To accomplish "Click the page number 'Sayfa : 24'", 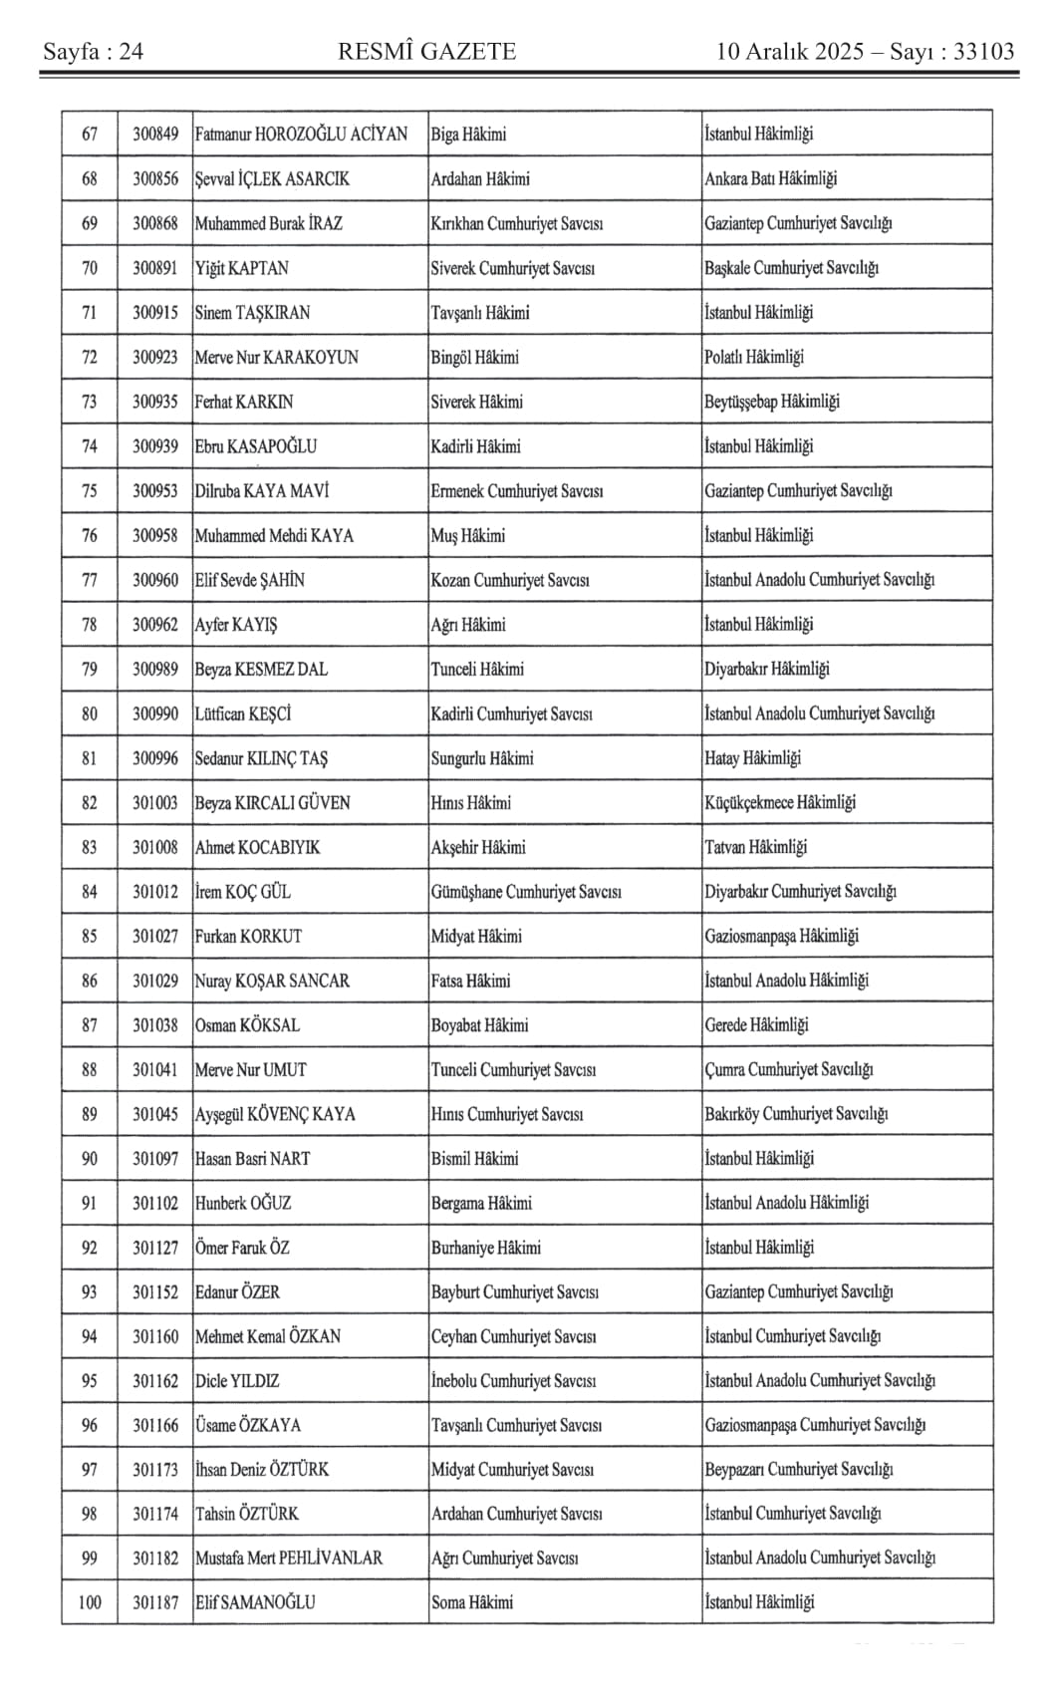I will click(x=93, y=52).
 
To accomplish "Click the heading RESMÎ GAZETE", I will click(x=426, y=52).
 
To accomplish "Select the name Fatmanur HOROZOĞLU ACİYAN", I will click(x=301, y=135).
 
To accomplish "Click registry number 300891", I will click(x=155, y=268).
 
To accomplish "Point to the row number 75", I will click(x=90, y=490).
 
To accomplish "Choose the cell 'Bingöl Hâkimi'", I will click(x=474, y=357).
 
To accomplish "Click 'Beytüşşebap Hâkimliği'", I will click(x=771, y=402).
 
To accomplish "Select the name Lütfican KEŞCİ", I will click(x=243, y=713).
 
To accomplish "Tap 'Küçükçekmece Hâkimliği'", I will click(x=779, y=802).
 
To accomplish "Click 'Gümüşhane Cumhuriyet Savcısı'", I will click(x=526, y=892).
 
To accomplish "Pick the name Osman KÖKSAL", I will click(x=247, y=1025).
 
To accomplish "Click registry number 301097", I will click(x=155, y=1159).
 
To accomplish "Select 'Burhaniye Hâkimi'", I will click(x=485, y=1248).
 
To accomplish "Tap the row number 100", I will click(x=90, y=1602).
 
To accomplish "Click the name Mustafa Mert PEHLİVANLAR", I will click(x=288, y=1559).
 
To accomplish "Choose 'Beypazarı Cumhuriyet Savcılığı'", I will click(x=798, y=1469).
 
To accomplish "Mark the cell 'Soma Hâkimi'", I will click(x=472, y=1602).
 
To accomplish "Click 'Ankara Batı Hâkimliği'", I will click(x=770, y=179).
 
